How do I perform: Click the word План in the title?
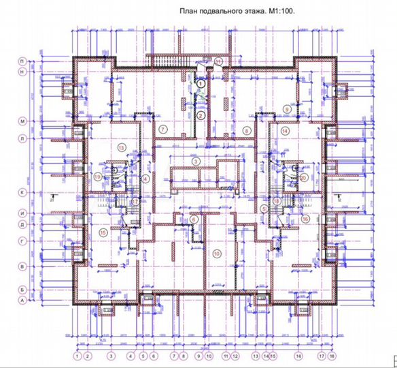click(x=189, y=11)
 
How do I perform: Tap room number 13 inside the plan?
click(x=122, y=147)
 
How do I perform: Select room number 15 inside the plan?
click(x=103, y=232)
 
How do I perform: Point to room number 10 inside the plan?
click(x=216, y=254)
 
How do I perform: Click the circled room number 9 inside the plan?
click(x=287, y=109)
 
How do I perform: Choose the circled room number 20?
click(x=303, y=177)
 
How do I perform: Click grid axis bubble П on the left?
click(x=22, y=61)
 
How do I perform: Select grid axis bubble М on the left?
click(x=22, y=121)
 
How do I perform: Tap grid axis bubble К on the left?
click(x=22, y=193)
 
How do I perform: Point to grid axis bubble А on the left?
click(x=22, y=300)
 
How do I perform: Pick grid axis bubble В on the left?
click(x=22, y=266)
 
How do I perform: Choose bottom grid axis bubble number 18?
click(x=331, y=356)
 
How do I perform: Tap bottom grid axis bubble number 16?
click(x=298, y=356)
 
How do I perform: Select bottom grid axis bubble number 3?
click(x=110, y=356)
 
